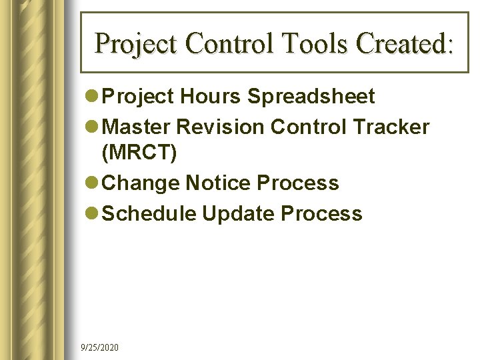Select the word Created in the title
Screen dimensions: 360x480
tap(404, 43)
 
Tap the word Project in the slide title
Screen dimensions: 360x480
tap(137, 43)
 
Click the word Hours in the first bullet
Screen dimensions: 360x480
tap(211, 97)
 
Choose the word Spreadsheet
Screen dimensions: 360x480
tap(311, 97)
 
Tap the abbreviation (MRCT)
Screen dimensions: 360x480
tap(139, 153)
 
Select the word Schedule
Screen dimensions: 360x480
tap(150, 214)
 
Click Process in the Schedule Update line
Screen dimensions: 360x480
tap(321, 214)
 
